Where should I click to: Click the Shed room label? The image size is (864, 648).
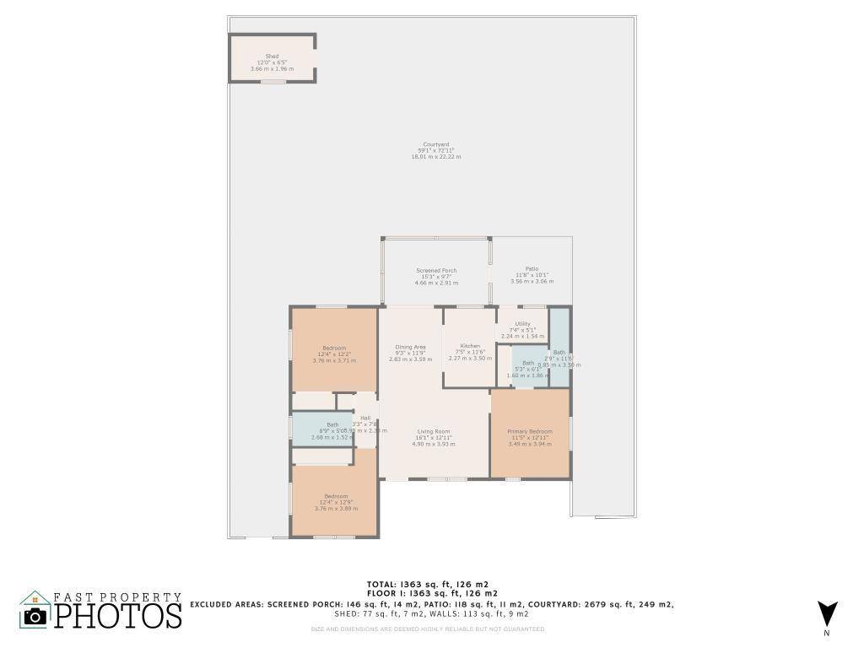click(272, 57)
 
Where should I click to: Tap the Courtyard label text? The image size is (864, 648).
click(435, 144)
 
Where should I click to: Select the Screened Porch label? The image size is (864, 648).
click(436, 271)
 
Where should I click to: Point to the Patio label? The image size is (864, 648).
click(532, 268)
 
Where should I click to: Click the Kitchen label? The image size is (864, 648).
click(470, 346)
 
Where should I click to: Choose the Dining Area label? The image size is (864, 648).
click(410, 347)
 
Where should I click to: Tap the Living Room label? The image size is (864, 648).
click(434, 431)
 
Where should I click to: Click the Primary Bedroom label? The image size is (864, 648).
click(529, 431)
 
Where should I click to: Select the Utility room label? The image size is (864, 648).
click(523, 324)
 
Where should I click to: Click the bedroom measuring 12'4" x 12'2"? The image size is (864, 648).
click(333, 348)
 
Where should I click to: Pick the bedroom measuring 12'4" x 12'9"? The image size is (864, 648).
click(335, 496)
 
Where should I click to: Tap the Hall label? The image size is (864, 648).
click(365, 418)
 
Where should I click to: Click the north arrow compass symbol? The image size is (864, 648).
click(828, 613)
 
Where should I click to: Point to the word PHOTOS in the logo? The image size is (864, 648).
click(119, 615)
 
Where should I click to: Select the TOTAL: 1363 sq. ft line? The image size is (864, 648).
click(427, 584)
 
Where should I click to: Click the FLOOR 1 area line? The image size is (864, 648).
click(427, 594)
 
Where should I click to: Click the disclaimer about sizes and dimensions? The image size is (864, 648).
click(427, 629)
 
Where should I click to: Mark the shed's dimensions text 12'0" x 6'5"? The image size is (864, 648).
click(272, 62)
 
